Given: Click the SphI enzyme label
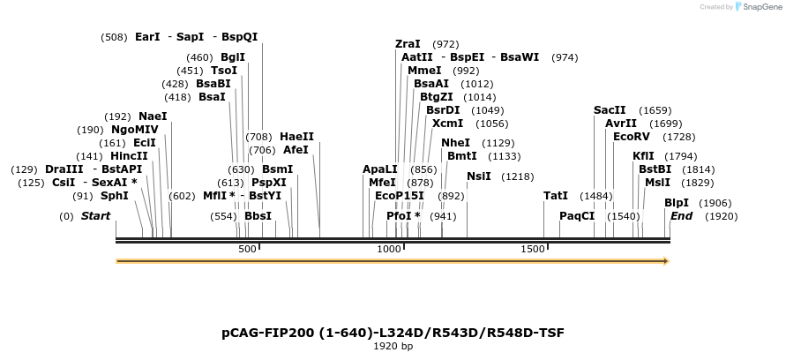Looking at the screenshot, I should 114,196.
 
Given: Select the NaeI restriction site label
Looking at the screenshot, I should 153,116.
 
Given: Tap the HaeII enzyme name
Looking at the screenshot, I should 296,137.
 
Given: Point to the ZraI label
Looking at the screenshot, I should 408,44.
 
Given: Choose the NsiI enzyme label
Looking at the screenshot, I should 478,176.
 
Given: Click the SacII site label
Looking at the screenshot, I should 610,110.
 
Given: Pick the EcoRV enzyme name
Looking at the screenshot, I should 630,137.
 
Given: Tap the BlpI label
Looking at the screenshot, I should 677,203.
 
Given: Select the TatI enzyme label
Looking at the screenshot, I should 556,196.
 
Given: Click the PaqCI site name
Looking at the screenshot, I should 577,216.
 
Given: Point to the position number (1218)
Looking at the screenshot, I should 517,176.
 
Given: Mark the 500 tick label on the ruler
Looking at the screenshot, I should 248,250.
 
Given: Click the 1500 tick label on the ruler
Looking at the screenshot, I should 533,250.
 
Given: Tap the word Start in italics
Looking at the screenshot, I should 96,216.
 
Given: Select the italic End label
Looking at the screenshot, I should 681,216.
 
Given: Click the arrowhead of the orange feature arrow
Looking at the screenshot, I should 667,261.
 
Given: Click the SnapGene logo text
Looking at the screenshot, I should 758,7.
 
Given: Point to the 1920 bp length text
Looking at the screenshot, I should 393,347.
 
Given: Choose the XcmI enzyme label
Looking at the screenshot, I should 447,124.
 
